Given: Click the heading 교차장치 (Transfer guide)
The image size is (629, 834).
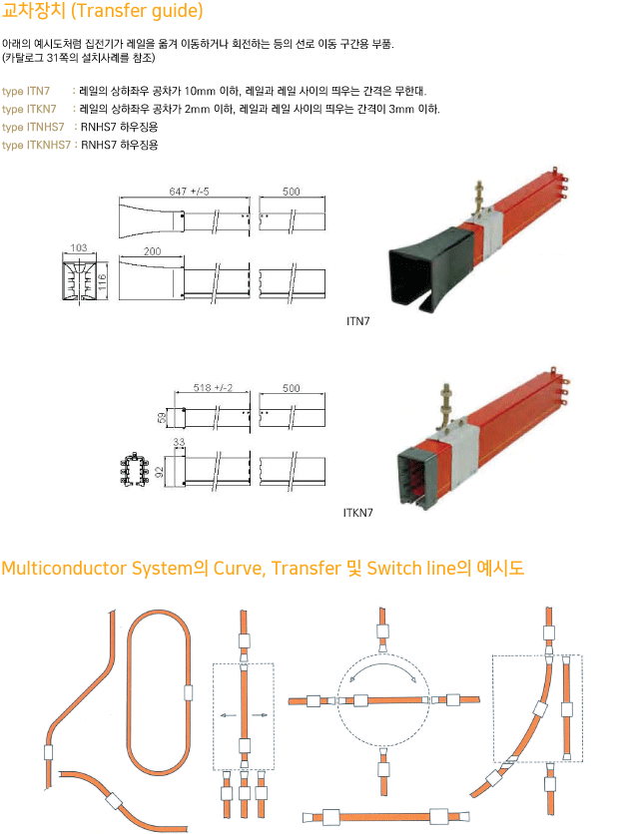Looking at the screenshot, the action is click(102, 11).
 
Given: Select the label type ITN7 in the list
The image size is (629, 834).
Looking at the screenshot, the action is click(26, 92).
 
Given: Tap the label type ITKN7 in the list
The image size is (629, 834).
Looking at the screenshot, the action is click(29, 109).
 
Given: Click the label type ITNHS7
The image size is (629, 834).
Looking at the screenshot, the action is click(33, 127).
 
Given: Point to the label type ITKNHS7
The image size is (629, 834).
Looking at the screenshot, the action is click(36, 145).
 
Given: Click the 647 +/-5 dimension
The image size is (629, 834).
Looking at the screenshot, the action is click(189, 191).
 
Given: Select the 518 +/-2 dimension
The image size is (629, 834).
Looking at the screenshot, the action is click(213, 388).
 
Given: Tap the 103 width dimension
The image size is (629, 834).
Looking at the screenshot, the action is click(78, 247).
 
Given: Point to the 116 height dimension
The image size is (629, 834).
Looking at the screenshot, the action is click(103, 281).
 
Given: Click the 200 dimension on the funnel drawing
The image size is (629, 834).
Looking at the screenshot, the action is click(152, 251).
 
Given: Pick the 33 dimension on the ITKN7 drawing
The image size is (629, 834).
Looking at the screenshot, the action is click(179, 442).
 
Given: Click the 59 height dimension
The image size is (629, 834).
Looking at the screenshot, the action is click(162, 418).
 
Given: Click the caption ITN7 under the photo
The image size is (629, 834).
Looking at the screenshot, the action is click(357, 321).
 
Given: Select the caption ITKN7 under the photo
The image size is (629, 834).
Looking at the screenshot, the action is click(358, 513).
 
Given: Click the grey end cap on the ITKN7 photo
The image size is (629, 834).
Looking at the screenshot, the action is click(415, 476).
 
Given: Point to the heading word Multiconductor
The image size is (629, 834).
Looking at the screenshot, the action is click(66, 568).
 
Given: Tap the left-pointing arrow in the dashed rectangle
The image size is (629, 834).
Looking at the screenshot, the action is click(229, 715).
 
